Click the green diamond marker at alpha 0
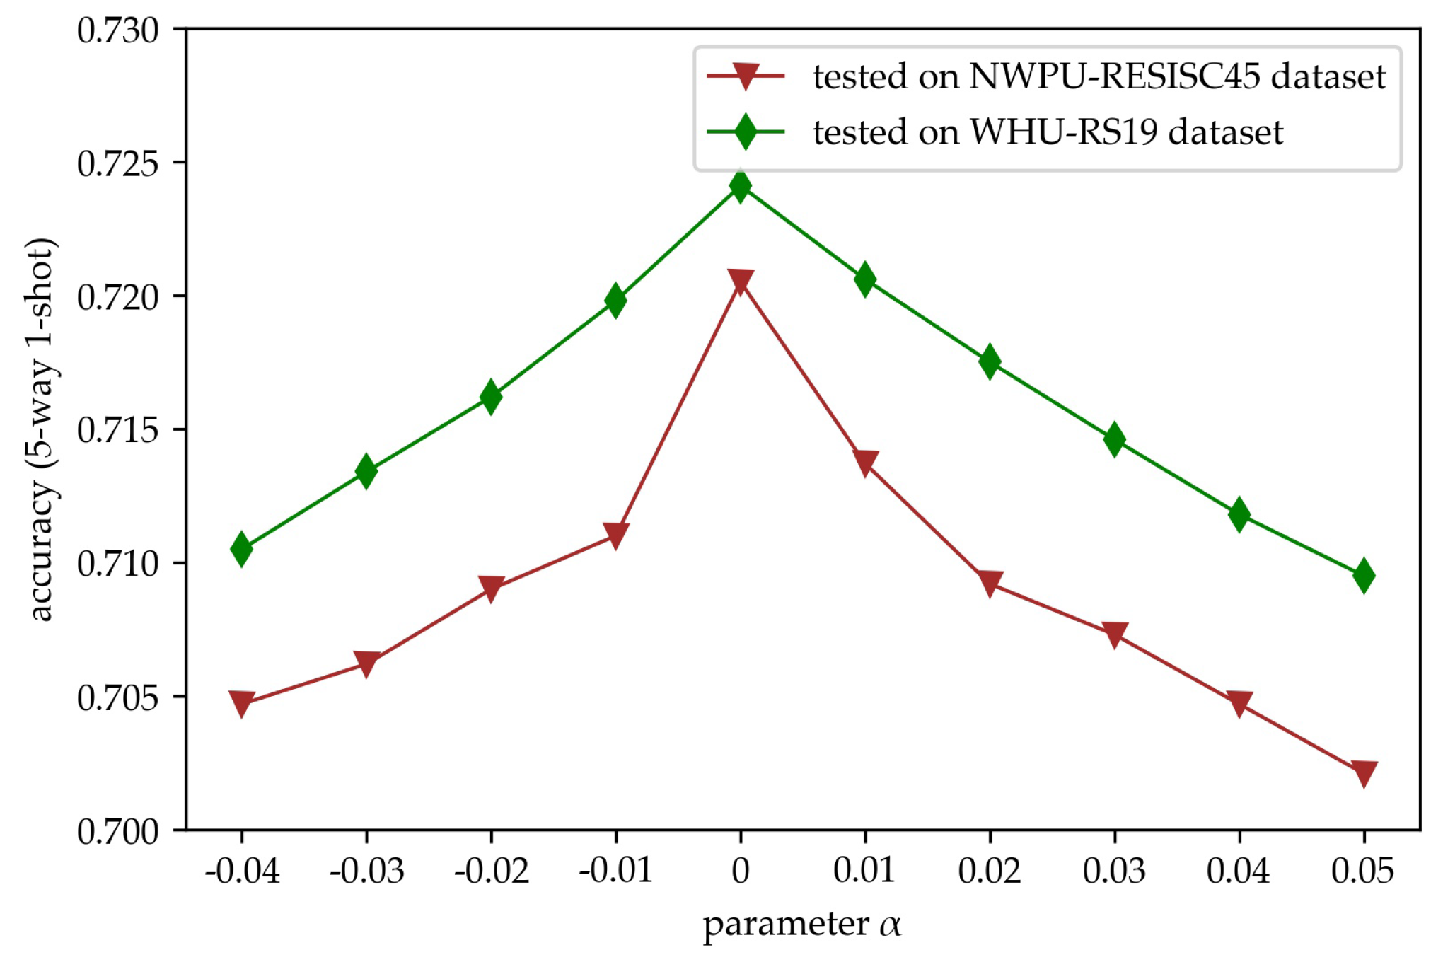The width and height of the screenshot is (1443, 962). pyautogui.click(x=740, y=186)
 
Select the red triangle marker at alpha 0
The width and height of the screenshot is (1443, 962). pyautogui.click(x=740, y=282)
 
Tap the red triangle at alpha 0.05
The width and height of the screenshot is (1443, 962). pyautogui.click(x=1364, y=772)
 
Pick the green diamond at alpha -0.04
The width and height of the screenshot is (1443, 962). pyautogui.click(x=241, y=549)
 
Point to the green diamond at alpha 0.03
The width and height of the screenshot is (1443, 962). pyautogui.click(x=1114, y=439)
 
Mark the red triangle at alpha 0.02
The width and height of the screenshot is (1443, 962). pyautogui.click(x=990, y=584)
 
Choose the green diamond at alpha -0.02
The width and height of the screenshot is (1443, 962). pyautogui.click(x=491, y=396)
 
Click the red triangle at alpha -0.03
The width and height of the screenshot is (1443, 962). pyautogui.click(x=366, y=663)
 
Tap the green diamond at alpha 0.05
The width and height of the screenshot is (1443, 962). pyautogui.click(x=1364, y=576)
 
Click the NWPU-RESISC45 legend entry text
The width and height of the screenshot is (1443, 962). pyautogui.click(x=1099, y=76)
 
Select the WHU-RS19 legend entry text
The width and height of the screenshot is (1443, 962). pyautogui.click(x=1048, y=132)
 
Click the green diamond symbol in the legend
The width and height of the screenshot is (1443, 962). pyautogui.click(x=745, y=132)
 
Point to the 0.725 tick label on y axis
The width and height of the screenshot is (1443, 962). pyautogui.click(x=117, y=163)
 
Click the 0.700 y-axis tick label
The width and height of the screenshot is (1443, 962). pyautogui.click(x=117, y=831)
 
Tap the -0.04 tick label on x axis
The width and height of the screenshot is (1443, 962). pyautogui.click(x=242, y=871)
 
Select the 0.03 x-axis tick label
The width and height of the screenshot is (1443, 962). pyautogui.click(x=1114, y=871)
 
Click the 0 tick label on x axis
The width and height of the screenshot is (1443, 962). pyautogui.click(x=741, y=871)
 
